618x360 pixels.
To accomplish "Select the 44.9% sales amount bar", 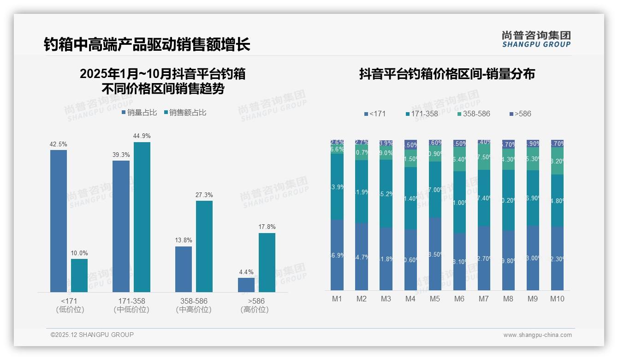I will pos(142,217).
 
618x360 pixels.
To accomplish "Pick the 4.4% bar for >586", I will pos(246,285).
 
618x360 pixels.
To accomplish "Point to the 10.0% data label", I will pos(79,253).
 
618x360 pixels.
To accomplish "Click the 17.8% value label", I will pos(267,227).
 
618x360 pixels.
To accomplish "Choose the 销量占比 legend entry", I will pos(139,112).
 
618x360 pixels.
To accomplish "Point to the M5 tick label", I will pos(435,299).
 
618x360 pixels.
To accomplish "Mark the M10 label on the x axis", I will pos(557,299).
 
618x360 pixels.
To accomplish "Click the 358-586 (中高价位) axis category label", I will pos(194,305).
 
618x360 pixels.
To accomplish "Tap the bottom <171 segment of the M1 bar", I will pos(337,255).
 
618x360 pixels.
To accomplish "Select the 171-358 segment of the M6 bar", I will pos(459,202).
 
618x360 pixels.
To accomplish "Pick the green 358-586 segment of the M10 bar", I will pos(557,161).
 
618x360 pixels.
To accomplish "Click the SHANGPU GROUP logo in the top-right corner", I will pos(536,39).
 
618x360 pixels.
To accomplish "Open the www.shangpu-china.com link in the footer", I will pos(537,335).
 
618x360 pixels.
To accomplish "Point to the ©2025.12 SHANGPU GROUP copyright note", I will pos(92,335).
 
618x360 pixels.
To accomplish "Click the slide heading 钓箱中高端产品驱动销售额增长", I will pos(147,45).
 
